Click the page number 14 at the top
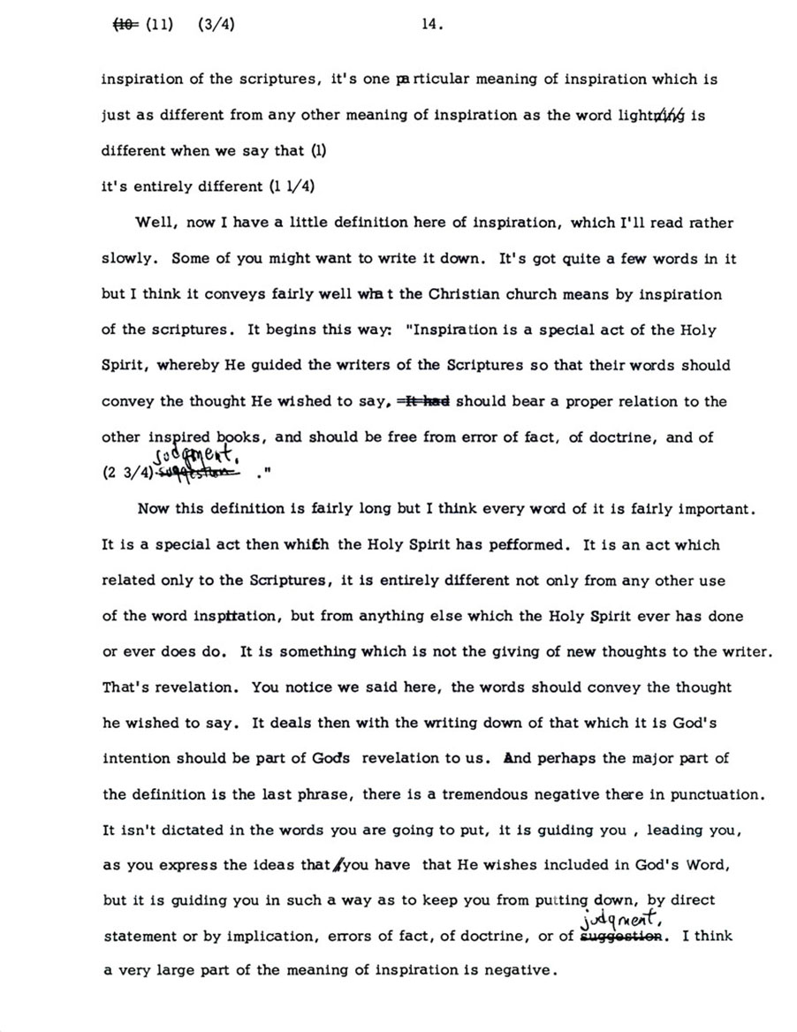tap(430, 26)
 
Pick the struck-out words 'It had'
tap(426, 401)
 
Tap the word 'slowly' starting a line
tap(129, 259)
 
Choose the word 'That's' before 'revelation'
tap(126, 687)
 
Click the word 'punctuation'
tap(716, 794)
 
